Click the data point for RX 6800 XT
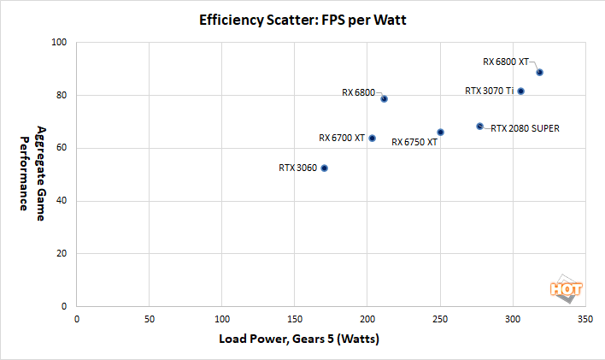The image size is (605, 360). point(540,73)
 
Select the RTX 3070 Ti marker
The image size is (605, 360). point(520,91)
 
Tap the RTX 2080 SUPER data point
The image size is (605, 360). point(479,127)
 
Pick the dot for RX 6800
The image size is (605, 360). point(385,98)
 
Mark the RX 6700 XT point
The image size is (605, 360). point(372,138)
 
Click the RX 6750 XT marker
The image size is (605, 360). point(440,132)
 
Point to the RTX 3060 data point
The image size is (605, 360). point(324,168)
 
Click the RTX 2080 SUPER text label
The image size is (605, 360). point(526,129)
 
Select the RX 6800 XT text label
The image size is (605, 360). point(506,62)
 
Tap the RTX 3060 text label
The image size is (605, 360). point(298,168)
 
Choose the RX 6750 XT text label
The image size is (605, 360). point(414,142)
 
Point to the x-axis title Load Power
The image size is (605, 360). point(299,339)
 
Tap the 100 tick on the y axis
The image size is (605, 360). point(61,43)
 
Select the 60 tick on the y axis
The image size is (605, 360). point(63,148)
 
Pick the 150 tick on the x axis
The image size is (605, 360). point(295,319)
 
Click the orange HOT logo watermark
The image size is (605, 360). point(567,289)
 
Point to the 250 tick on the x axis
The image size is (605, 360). point(440,319)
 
